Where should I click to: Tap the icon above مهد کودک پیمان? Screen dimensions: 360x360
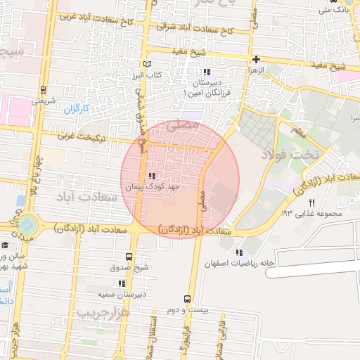pyautogui.click(x=152, y=176)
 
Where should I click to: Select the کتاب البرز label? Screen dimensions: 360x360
pyautogui.click(x=148, y=74)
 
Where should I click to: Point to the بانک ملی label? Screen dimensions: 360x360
pyautogui.click(x=330, y=10)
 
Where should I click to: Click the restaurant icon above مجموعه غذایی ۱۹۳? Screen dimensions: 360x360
pyautogui.click(x=311, y=202)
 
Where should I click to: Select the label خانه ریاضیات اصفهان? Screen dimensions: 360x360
pyautogui.click(x=235, y=263)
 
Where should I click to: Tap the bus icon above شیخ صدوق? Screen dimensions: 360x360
pyautogui.click(x=128, y=257)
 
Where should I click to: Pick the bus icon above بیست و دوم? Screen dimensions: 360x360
pyautogui.click(x=187, y=298)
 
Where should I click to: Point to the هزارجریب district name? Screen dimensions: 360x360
pyautogui.click(x=103, y=311)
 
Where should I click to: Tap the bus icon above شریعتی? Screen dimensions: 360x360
pyautogui.click(x=44, y=90)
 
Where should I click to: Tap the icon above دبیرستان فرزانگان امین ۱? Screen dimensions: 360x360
pyautogui.click(x=206, y=72)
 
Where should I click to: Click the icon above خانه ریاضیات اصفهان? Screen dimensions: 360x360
pyautogui.click(x=239, y=252)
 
